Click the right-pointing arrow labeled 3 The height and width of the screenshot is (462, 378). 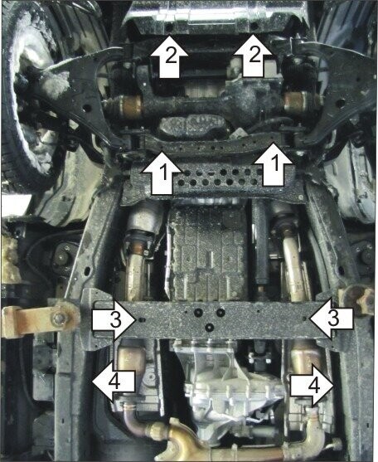coord(114,319)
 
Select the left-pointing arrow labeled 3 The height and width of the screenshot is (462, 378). coord(331,319)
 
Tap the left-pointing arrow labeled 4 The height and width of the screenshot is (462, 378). coord(114,382)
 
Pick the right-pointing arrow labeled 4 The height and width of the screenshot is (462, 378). coord(312,384)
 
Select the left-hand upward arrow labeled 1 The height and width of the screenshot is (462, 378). coord(162,173)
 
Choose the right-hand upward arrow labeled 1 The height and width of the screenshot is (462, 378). coord(274,165)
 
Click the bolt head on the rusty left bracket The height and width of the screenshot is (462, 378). coord(59,318)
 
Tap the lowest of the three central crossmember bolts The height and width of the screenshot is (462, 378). coord(210,327)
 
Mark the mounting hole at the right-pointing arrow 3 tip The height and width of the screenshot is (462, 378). coord(141,319)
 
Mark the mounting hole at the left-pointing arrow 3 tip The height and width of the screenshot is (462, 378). coord(305,319)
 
